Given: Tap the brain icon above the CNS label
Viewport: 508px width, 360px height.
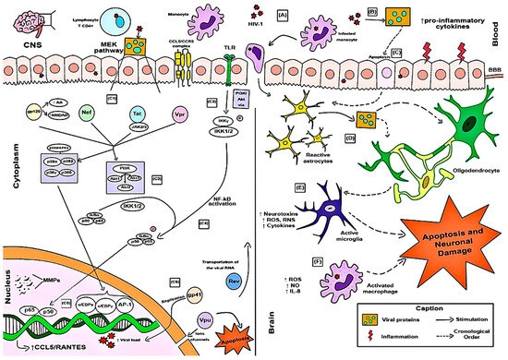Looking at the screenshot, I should (30, 20).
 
